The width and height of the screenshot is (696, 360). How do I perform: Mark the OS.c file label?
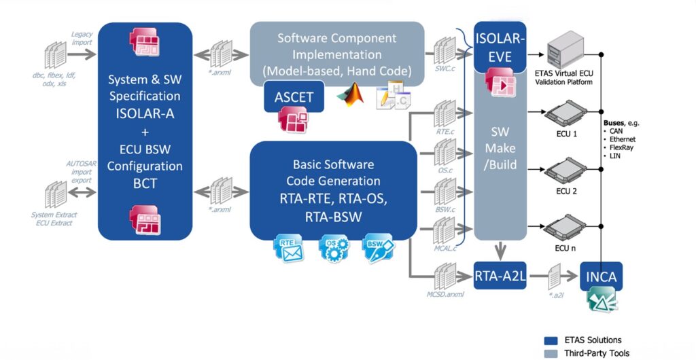(x=445, y=171)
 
